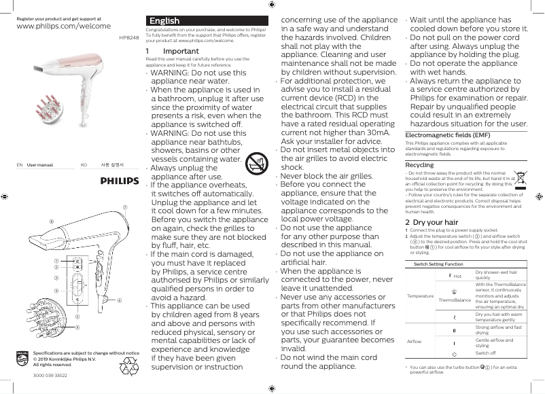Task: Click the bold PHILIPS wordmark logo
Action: point(120,181)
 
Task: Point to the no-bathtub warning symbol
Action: point(255,162)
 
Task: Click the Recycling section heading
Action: point(419,165)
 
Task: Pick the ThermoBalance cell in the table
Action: point(454,300)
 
